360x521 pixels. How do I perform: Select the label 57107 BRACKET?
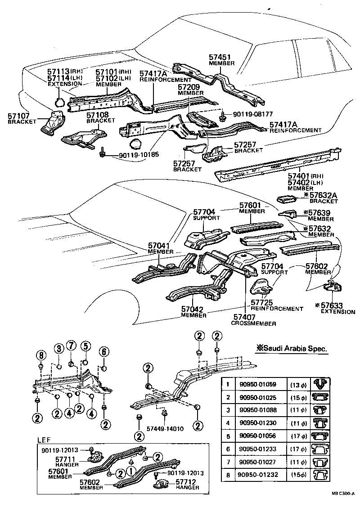coord(19,119)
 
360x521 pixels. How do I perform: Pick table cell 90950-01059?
coord(257,385)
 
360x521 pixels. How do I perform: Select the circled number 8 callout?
coord(41,355)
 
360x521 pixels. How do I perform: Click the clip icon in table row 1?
coord(321,384)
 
